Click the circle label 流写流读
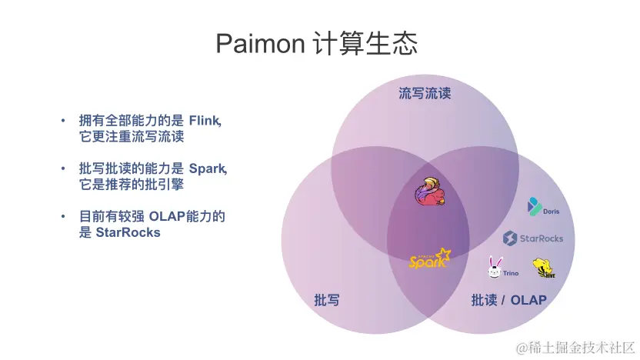click(x=424, y=94)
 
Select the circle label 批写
click(x=326, y=300)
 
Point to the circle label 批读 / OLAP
click(x=508, y=300)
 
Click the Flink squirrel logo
click(x=428, y=193)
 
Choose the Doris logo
click(x=543, y=207)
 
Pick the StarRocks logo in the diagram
click(x=533, y=238)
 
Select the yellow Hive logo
click(x=543, y=268)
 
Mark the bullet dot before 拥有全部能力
click(x=65, y=122)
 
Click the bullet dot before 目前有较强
click(x=65, y=217)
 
